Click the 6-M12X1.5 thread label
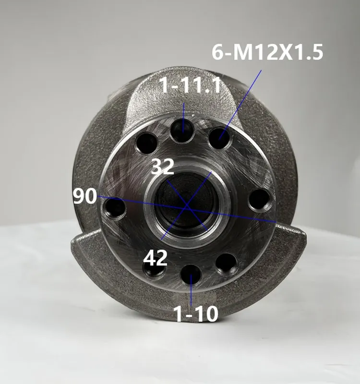click(267, 52)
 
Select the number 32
click(163, 167)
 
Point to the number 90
click(85, 196)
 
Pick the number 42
click(155, 258)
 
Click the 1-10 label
click(195, 314)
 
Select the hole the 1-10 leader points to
click(191, 275)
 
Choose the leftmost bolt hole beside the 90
click(115, 208)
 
